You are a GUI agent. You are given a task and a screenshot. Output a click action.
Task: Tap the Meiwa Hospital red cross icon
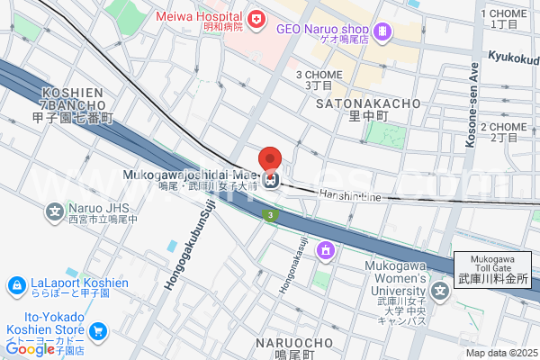(256, 18)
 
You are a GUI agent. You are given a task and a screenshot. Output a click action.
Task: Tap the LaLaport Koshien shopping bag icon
(15, 286)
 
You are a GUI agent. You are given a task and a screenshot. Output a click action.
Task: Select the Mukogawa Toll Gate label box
(492, 270)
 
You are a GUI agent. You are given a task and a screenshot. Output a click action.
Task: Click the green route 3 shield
(269, 214)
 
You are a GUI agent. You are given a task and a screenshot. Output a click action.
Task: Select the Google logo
(30, 348)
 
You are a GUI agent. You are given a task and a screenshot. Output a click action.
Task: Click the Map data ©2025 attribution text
(499, 353)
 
